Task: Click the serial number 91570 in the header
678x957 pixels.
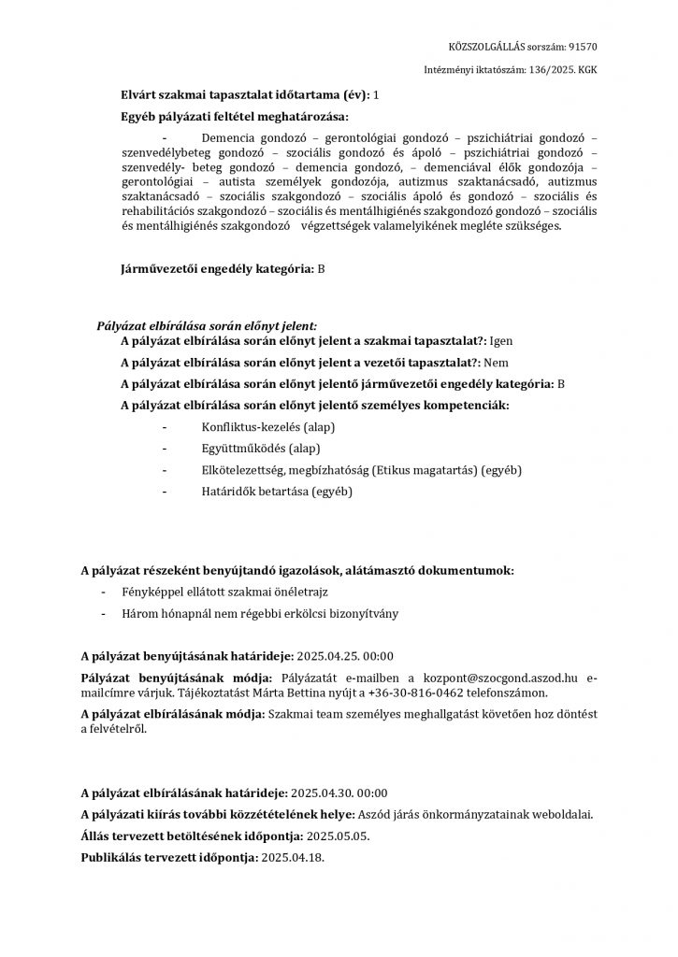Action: coord(583,46)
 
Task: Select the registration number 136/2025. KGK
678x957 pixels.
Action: coord(557,70)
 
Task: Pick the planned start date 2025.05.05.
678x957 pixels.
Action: coord(339,836)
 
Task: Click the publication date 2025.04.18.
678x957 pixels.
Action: coord(295,857)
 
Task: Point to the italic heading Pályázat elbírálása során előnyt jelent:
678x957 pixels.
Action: coord(208,325)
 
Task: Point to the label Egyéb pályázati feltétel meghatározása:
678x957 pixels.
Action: coord(234,117)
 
